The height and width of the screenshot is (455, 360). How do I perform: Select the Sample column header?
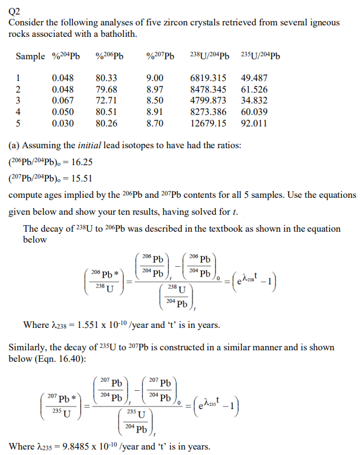pos(30,57)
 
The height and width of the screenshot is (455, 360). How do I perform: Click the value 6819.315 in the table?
pos(208,78)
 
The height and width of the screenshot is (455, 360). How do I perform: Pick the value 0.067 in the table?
pos(64,100)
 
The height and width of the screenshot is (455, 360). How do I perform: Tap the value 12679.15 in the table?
pos(208,123)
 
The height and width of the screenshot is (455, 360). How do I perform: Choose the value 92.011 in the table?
pos(254,123)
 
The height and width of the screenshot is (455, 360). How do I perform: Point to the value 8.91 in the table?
pos(155,111)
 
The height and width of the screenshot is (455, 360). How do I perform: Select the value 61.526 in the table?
pos(254,89)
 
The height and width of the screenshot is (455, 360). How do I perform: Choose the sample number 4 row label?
pos(18,111)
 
